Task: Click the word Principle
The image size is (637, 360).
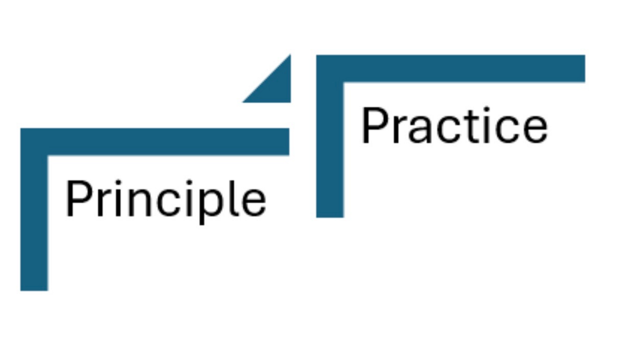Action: pos(165,199)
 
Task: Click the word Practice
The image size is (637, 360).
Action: pos(454,126)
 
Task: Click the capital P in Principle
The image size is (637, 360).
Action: pos(77,199)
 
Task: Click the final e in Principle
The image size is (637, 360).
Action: pos(254,204)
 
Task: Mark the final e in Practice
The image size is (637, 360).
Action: pos(535,130)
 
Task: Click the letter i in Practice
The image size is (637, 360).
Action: pos(487,126)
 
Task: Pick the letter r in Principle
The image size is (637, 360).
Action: pos(103,203)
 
